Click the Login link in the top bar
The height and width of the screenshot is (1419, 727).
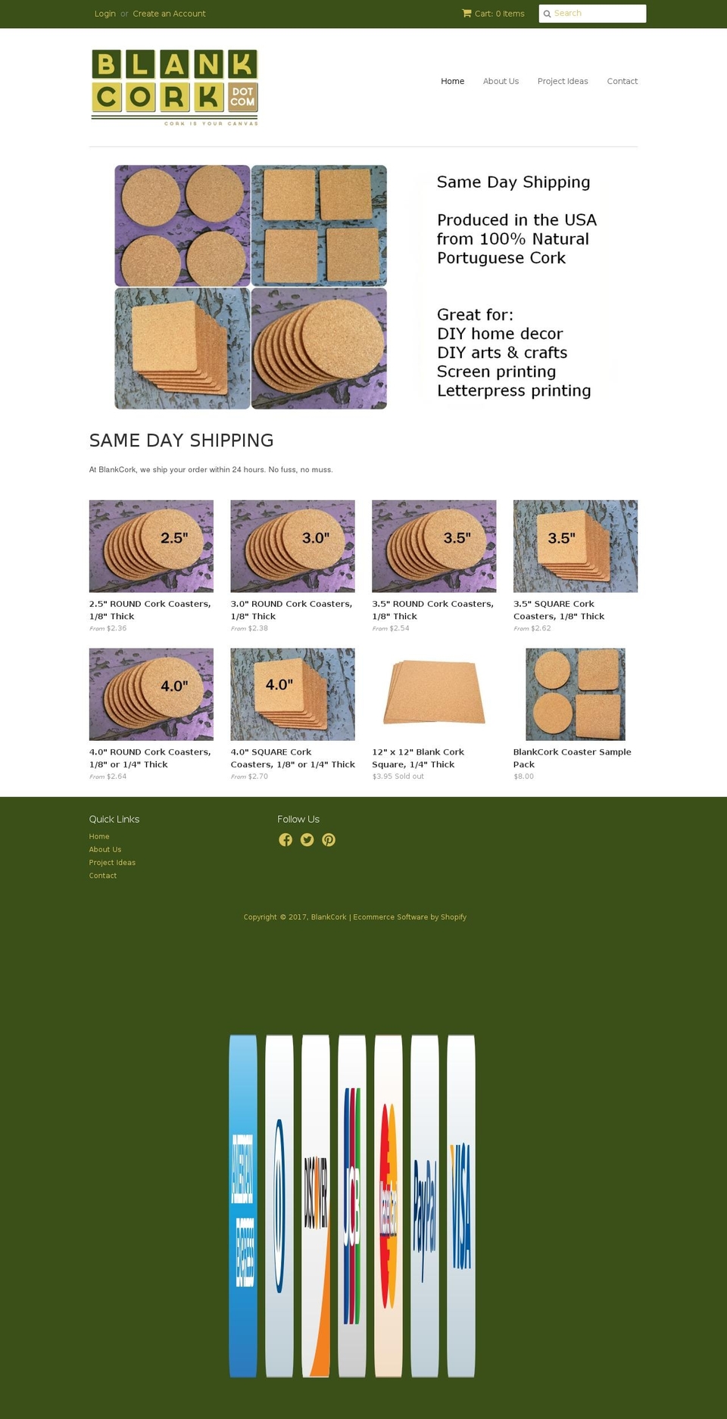tap(105, 14)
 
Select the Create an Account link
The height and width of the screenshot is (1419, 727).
tap(169, 14)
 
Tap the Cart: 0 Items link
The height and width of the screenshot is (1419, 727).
tap(493, 14)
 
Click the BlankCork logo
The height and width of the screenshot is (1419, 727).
tap(175, 86)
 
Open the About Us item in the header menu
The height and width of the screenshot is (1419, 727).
tap(501, 81)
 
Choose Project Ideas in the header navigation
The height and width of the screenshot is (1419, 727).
tap(562, 81)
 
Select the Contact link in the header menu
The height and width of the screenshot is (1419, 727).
tap(622, 81)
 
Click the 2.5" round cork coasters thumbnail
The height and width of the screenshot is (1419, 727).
tap(151, 546)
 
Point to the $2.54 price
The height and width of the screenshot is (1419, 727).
tap(399, 628)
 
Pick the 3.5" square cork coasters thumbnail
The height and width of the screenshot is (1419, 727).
tap(575, 546)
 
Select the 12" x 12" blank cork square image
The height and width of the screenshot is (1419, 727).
tap(434, 693)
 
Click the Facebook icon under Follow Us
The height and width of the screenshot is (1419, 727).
tap(285, 840)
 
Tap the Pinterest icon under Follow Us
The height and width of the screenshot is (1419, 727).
tap(329, 840)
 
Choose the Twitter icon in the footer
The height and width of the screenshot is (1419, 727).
tap(307, 840)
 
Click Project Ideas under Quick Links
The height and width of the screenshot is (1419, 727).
tap(112, 863)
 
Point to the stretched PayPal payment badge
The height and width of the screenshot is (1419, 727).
tap(425, 1206)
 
